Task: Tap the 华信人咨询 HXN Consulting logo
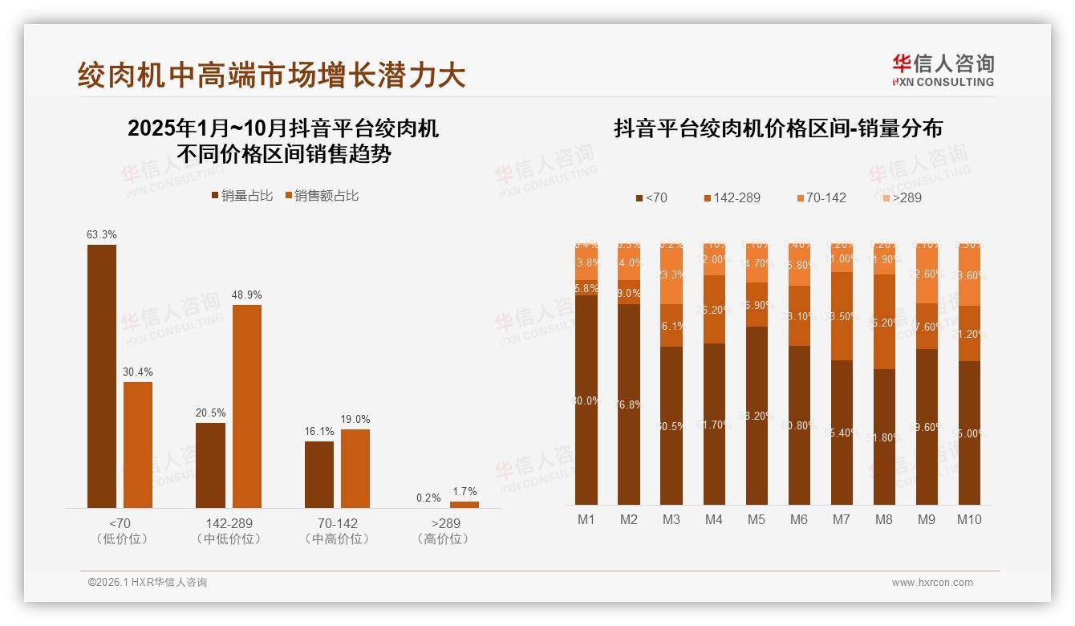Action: coord(943,71)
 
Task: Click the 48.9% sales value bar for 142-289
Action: coord(247,406)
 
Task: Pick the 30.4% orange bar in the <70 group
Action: coord(138,445)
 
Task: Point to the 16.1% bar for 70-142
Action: coord(319,474)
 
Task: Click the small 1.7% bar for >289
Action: coord(464,505)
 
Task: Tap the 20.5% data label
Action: coord(210,413)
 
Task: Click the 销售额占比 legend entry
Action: coord(322,195)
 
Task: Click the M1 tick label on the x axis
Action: coord(586,519)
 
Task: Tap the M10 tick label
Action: coord(969,519)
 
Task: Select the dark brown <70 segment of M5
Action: coord(757,415)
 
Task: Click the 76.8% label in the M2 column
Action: coord(629,404)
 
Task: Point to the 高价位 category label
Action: coord(443,539)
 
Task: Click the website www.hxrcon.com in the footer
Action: coord(931,582)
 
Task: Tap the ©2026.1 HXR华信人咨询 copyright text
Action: coord(147,582)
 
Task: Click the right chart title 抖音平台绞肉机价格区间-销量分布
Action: coord(777,128)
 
